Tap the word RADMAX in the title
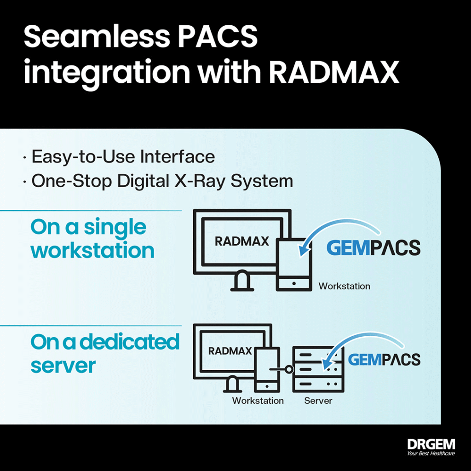(334, 72)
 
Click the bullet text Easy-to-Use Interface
(123, 157)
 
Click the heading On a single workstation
(92, 238)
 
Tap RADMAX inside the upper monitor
(242, 241)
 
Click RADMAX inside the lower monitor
(230, 351)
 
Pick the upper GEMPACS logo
(373, 248)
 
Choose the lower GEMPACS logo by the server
(384, 360)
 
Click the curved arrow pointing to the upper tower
(333, 224)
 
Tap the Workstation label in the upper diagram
(344, 286)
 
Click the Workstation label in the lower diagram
(258, 401)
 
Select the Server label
(318, 401)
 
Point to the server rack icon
(318, 369)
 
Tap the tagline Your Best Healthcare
(431, 454)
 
